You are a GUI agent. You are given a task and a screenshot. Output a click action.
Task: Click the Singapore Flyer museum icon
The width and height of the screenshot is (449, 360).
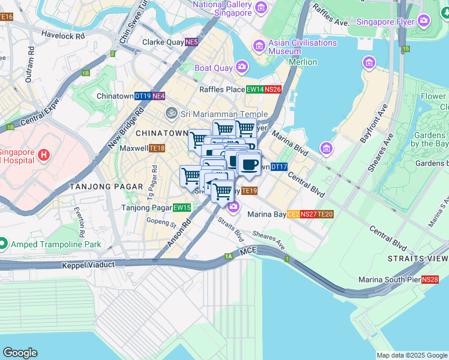point(424,22)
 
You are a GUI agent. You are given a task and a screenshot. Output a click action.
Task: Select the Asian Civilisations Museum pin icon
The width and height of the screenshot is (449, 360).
point(259,46)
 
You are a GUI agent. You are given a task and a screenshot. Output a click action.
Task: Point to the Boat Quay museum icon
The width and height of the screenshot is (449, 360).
point(241,67)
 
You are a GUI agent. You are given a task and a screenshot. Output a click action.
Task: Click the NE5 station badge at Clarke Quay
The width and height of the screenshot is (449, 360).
point(191,43)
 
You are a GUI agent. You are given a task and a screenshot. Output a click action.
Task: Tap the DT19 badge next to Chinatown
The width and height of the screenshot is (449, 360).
point(142,96)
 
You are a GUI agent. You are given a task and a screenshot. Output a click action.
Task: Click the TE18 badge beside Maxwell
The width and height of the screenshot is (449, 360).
point(157,148)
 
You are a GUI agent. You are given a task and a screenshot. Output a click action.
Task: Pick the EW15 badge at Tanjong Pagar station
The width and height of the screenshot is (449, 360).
point(181,208)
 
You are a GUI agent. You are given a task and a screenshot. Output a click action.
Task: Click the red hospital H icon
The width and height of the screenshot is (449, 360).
point(43,155)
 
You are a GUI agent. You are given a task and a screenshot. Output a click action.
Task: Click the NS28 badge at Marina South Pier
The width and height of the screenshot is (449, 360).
point(430,280)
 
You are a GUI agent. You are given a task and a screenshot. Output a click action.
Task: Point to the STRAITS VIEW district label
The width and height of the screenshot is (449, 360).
point(417,259)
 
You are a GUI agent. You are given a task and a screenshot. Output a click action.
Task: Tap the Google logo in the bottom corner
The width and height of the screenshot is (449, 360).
point(20,353)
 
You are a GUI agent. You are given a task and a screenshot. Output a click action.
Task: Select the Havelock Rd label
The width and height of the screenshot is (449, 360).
point(63,35)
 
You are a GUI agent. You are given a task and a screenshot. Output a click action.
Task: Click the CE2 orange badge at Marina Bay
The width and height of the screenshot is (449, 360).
point(293,214)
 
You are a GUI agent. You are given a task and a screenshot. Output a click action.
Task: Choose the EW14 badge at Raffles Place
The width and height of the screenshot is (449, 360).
point(255,89)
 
